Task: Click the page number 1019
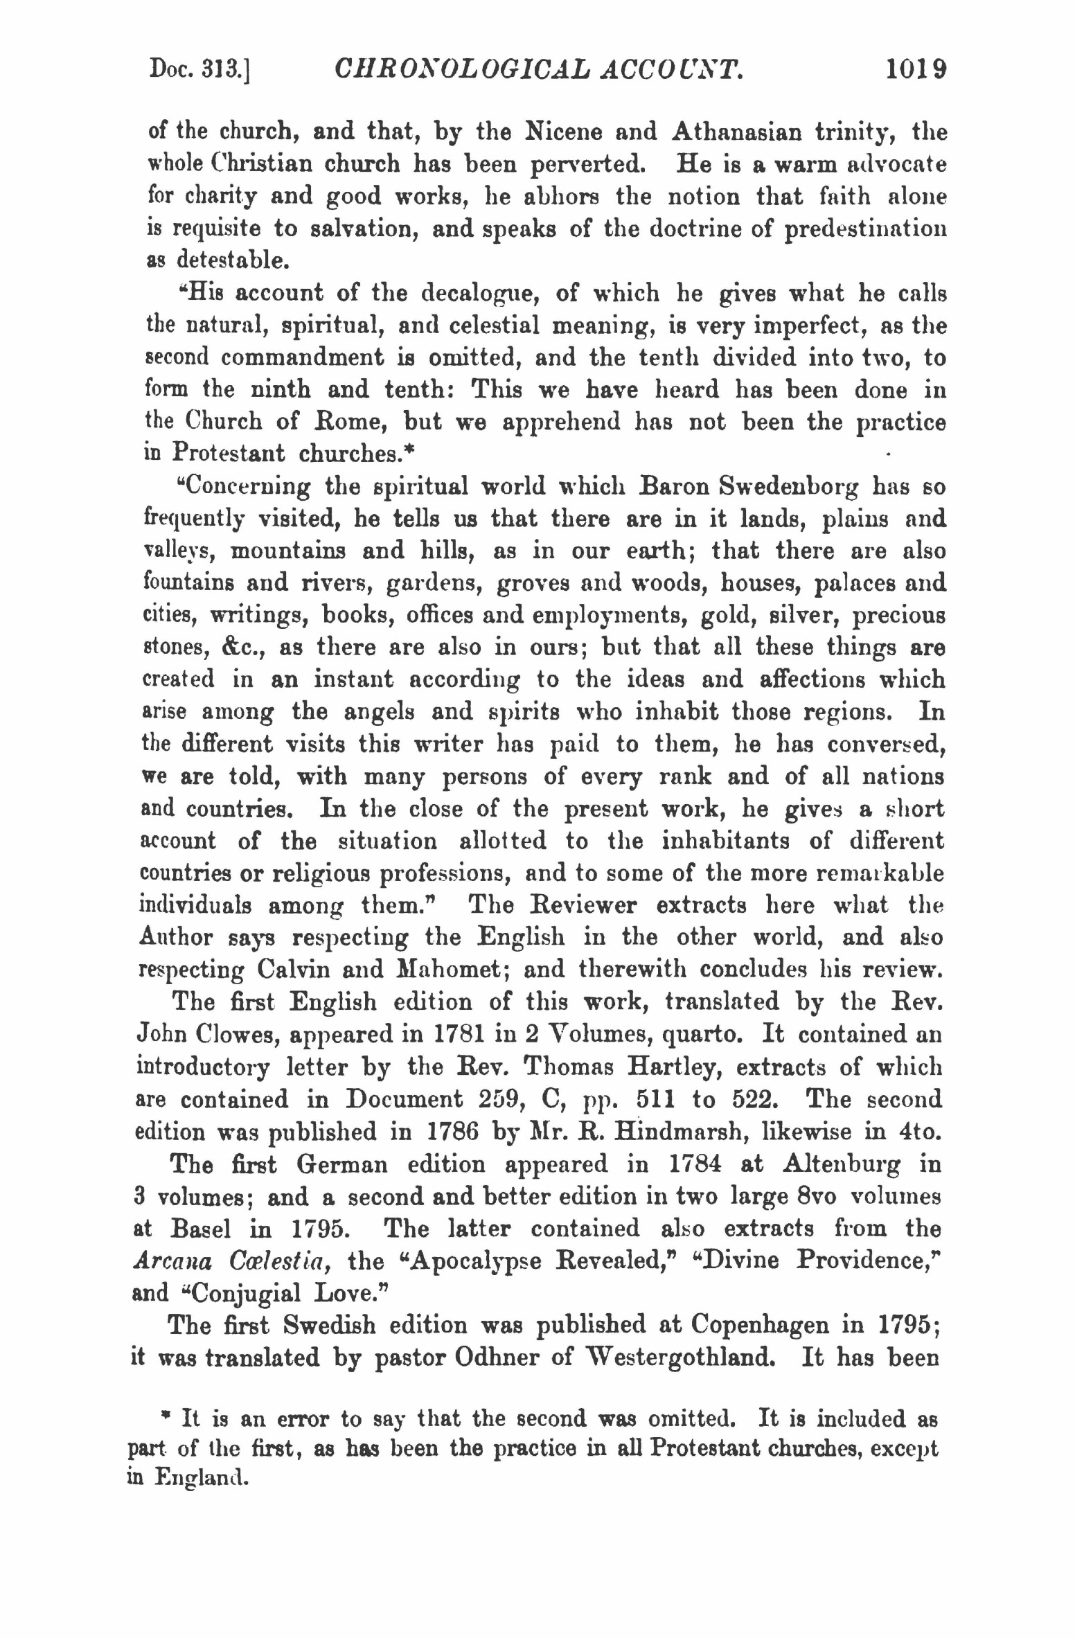point(916,70)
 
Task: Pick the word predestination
point(864,229)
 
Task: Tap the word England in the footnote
point(201,1478)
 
